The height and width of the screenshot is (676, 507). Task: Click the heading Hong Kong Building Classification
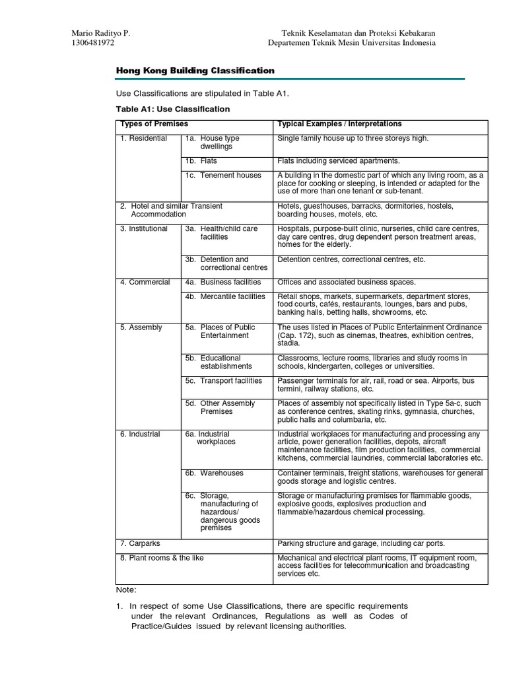[x=195, y=71]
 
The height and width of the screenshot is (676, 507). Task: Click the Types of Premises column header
[x=154, y=124]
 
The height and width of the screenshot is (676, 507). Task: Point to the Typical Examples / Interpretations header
[x=339, y=124]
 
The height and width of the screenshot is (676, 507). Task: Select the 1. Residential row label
[x=143, y=139]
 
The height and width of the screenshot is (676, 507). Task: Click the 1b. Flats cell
[x=201, y=161]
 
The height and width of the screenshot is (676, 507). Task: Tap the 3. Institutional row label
[x=144, y=229]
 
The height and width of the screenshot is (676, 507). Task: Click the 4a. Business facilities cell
[x=223, y=283]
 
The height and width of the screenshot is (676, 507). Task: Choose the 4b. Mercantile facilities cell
[x=224, y=297]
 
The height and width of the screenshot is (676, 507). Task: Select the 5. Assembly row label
[x=141, y=327]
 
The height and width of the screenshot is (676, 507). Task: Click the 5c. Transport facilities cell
[x=223, y=381]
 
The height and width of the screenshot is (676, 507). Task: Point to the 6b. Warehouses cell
[x=214, y=473]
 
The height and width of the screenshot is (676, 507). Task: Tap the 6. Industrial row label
[x=140, y=434]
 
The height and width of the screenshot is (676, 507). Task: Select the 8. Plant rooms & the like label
[x=162, y=558]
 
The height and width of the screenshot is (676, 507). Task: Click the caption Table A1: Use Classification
[x=172, y=109]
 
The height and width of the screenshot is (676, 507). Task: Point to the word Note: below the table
[x=126, y=590]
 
